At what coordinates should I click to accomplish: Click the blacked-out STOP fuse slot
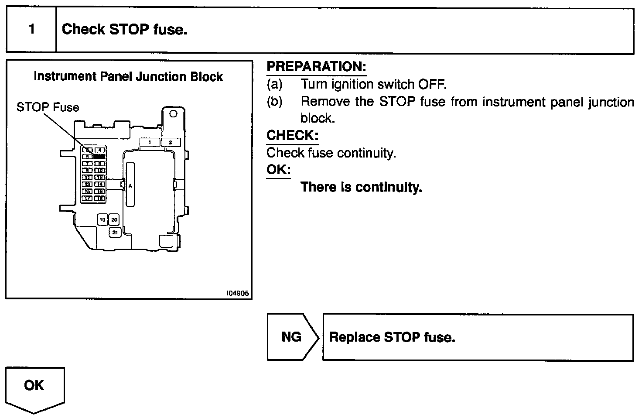100,156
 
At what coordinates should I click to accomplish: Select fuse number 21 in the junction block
115,233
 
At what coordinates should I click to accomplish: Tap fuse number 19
102,220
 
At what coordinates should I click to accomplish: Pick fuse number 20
114,220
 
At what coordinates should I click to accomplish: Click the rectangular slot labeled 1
150,142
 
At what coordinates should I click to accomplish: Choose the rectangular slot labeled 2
171,142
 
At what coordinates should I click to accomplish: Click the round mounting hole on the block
173,114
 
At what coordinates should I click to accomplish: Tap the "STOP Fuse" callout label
48,107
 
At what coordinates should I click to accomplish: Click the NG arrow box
292,337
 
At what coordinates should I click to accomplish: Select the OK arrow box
34,386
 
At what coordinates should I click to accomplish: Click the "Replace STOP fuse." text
392,337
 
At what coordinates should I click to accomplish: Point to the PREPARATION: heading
316,67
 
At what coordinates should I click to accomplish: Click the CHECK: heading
292,135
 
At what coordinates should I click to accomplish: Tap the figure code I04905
238,294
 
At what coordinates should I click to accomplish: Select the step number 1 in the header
31,29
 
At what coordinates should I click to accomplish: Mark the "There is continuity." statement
362,187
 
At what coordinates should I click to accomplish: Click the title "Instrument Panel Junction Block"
128,77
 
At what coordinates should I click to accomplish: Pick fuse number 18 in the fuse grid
100,199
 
